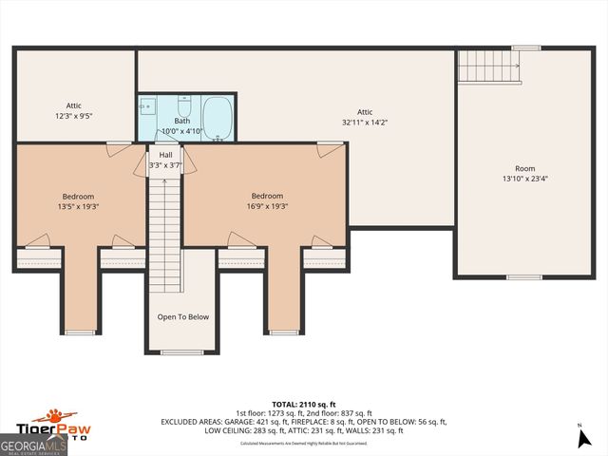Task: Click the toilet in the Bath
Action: pyautogui.click(x=184, y=104)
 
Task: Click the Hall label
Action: pyautogui.click(x=165, y=155)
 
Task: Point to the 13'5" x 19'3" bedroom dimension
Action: pyautogui.click(x=79, y=206)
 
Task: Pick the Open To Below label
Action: pyautogui.click(x=182, y=317)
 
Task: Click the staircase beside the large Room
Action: pyautogui.click(x=488, y=66)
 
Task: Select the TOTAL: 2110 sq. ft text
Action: pyautogui.click(x=303, y=404)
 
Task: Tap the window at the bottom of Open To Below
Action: pyautogui.click(x=182, y=352)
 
